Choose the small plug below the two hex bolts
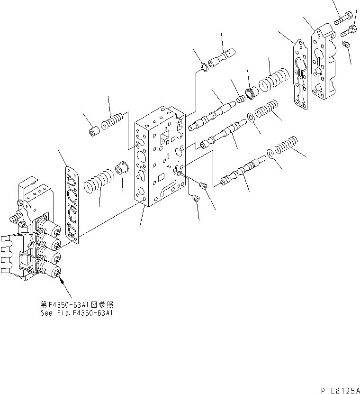(x=347, y=45)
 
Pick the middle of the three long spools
(x=223, y=135)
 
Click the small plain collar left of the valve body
(x=93, y=130)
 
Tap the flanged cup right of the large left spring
(x=122, y=169)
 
